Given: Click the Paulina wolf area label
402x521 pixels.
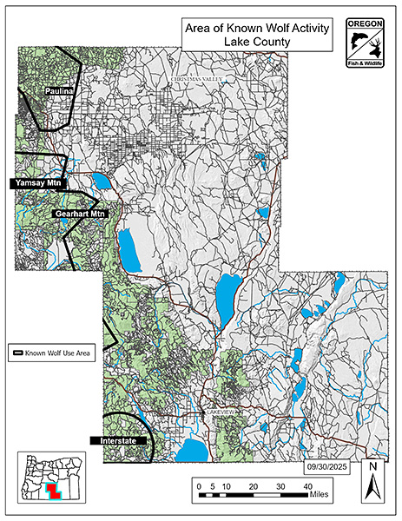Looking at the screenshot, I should [58, 90].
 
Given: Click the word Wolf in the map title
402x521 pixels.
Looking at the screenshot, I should [264, 28].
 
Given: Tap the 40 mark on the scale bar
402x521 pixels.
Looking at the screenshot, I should [306, 486].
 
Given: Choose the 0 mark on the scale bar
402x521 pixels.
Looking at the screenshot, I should [199, 486].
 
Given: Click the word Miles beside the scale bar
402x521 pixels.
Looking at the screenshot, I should [320, 497].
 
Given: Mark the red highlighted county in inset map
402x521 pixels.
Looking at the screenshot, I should [53, 491].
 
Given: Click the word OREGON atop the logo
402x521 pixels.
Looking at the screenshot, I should [362, 23].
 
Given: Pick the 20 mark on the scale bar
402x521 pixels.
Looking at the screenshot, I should [253, 486].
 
